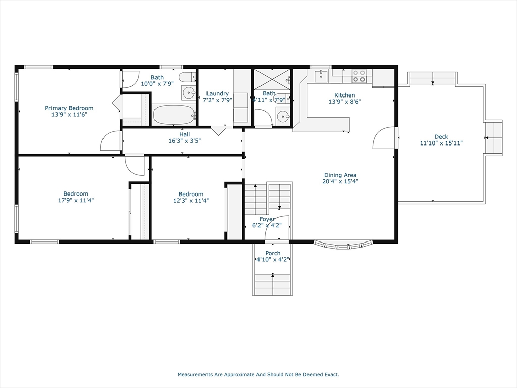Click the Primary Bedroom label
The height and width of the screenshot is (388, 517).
pyautogui.click(x=69, y=108)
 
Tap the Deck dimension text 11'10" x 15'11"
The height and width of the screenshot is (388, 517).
pyautogui.click(x=441, y=143)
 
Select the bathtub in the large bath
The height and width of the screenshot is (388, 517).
pyautogui.click(x=174, y=115)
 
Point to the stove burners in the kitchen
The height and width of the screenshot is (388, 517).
pyautogui.click(x=359, y=76)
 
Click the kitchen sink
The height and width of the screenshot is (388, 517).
pyautogui.click(x=321, y=76)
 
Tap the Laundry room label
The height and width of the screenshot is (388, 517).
pyautogui.click(x=218, y=93)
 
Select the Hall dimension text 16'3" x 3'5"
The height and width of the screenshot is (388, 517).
pyautogui.click(x=185, y=141)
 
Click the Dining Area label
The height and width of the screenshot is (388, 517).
pyautogui.click(x=340, y=175)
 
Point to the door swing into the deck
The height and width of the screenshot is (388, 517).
pyautogui.click(x=385, y=138)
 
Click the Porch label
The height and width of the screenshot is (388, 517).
pyautogui.click(x=273, y=253)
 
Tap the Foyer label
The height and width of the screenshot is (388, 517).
pyautogui.click(x=267, y=219)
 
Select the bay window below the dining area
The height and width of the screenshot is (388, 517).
pyautogui.click(x=343, y=246)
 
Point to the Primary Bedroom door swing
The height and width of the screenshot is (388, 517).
pyautogui.click(x=111, y=141)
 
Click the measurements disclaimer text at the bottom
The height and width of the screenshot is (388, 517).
pyautogui.click(x=258, y=375)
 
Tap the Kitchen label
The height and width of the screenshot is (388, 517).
pyautogui.click(x=344, y=95)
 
